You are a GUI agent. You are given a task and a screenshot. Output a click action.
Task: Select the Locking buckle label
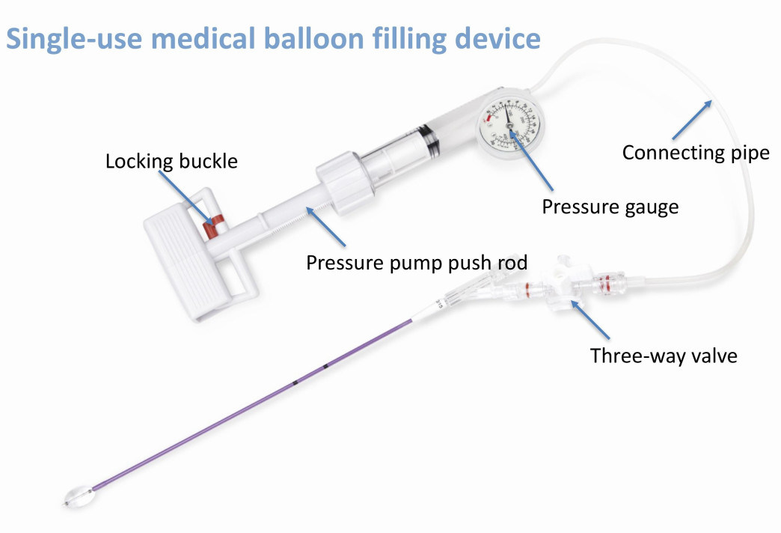171,161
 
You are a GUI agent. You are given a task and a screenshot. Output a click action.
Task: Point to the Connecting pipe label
696,153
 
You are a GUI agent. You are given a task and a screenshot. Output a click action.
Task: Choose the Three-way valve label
664,355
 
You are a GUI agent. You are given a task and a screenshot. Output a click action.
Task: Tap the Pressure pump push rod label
417,263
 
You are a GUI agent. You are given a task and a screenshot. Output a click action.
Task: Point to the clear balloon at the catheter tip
78,495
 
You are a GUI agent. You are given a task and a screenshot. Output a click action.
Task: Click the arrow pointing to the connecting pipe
690,119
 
